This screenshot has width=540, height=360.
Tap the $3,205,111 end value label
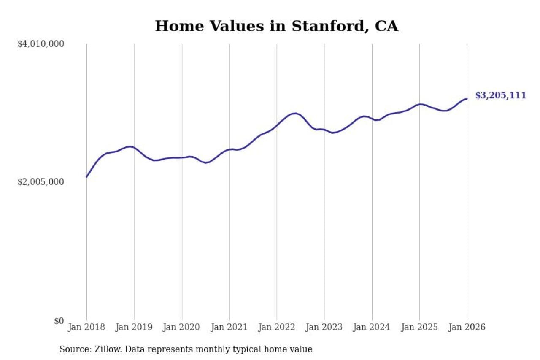coord(501,95)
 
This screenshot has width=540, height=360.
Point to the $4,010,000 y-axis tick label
coord(40,44)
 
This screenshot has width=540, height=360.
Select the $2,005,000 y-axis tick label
coord(40,182)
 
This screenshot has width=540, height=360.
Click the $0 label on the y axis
coord(59,321)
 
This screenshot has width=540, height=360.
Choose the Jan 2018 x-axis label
coord(86,327)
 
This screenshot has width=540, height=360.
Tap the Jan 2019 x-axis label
coord(134,327)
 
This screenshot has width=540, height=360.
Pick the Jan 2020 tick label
coord(182,327)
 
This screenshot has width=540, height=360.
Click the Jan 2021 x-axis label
coord(229,327)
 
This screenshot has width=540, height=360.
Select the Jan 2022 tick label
coord(277,327)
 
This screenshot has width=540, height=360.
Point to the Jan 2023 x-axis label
coord(324,327)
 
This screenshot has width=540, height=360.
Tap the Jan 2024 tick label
coord(372,327)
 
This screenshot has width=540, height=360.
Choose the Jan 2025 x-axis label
coord(419,327)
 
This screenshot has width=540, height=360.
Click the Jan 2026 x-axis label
coord(467,327)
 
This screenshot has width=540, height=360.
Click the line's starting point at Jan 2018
coord(86,177)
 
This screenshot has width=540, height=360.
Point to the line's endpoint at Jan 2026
coord(467,99)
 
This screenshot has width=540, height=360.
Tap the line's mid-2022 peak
coord(295,113)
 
